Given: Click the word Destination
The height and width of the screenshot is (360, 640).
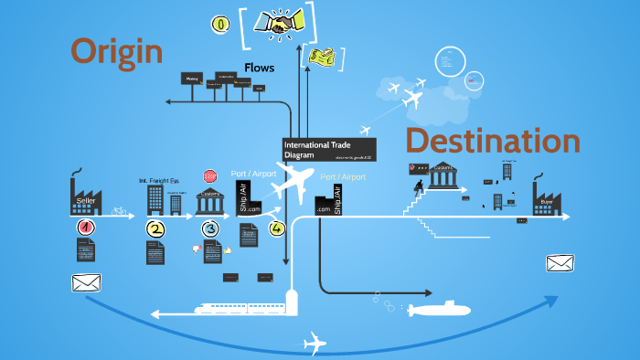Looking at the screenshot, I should point(492,142).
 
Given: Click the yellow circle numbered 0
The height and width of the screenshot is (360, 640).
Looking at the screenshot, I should point(220,23).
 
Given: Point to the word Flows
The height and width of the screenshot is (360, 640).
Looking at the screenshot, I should point(259,68).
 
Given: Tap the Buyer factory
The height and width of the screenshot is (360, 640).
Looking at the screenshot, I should point(547,196).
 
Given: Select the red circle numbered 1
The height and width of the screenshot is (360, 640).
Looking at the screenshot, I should point(85,228).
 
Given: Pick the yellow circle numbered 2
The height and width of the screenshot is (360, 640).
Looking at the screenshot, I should point(155,229).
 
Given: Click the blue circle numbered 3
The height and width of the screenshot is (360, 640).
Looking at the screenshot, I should point(210,229).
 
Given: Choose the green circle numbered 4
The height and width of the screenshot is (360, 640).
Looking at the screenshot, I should point(277,228).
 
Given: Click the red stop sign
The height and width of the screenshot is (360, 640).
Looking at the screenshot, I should point(210,175).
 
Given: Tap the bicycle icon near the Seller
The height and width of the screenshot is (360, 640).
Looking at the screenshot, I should point(119,210).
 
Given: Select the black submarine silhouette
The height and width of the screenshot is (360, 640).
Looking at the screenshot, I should point(437,310).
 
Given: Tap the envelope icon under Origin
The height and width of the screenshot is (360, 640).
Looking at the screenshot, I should point(85,282).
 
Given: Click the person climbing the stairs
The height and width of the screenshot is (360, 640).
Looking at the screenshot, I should point(418,189).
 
